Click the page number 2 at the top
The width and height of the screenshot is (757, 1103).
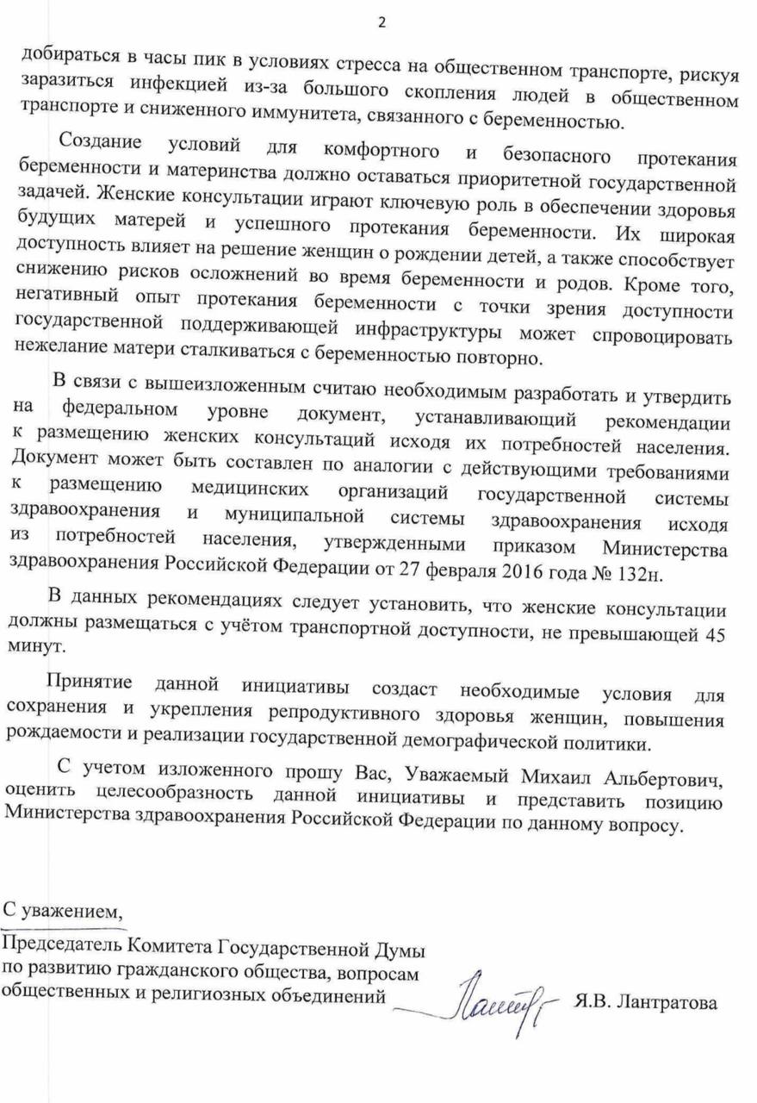click(381, 23)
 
